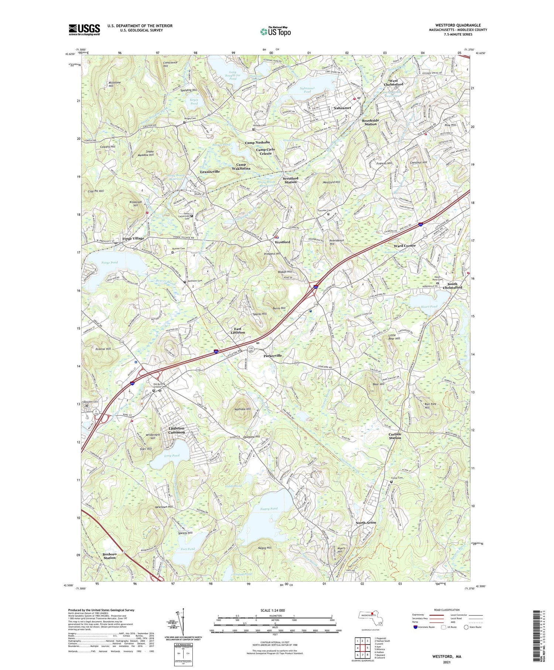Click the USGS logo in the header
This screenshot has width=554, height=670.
[x=84, y=30]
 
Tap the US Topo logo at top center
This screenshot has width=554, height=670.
[x=276, y=31]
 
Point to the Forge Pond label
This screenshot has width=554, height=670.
[x=109, y=262]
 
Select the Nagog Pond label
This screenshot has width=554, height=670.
[x=269, y=509]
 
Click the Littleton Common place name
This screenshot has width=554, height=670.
[x=177, y=430]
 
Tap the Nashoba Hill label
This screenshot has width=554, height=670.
[x=243, y=409]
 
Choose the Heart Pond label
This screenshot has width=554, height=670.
[x=429, y=306]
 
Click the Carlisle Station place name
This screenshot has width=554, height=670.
[x=395, y=436]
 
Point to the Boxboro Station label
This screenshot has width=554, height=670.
[x=109, y=556]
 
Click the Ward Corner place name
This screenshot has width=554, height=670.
[x=404, y=245]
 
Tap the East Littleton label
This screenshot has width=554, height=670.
[x=237, y=330]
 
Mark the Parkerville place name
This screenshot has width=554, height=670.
[x=273, y=356]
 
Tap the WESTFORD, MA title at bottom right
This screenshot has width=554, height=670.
[x=447, y=656]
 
